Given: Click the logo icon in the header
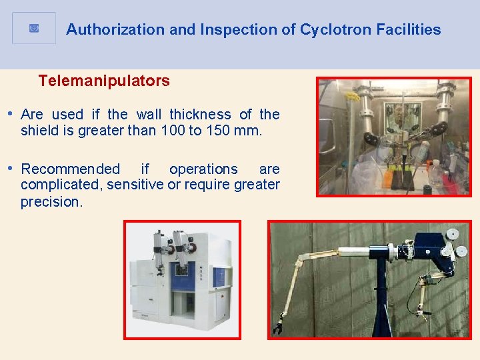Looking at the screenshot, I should pyautogui.click(x=34, y=28).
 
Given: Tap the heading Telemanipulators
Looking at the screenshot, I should pyautogui.click(x=104, y=81).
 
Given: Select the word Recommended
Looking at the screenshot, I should pyautogui.click(x=71, y=169).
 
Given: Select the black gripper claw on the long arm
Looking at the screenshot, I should pyautogui.click(x=279, y=327).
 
